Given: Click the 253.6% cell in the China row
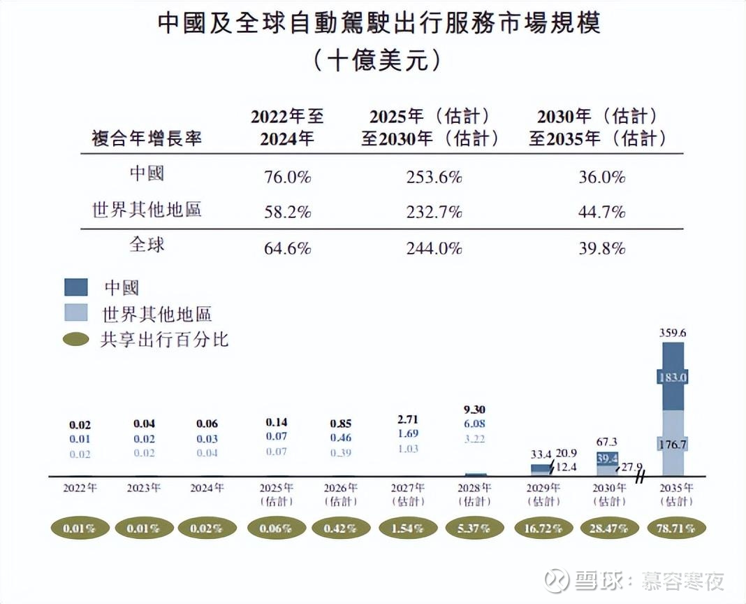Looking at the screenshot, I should click(434, 177).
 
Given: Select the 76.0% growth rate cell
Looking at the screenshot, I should click(287, 177).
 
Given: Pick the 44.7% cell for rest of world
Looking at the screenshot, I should click(601, 211).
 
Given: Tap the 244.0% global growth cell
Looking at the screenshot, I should click(434, 247).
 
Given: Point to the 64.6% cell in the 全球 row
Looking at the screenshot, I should click(287, 247).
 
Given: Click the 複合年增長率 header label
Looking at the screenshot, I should click(147, 138).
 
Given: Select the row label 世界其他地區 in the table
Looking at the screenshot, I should click(147, 210).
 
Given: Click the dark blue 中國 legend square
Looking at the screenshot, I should click(76, 287).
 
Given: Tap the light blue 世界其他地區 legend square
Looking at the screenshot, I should click(76, 312).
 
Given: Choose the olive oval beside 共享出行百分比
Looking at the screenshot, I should click(76, 340).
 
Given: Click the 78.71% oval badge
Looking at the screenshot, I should click(676, 528).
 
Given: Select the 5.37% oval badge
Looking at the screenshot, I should click(475, 528).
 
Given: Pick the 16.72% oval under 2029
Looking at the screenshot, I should click(542, 528).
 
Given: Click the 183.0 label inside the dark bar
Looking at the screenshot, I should click(673, 377).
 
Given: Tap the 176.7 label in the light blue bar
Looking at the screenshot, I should click(673, 443).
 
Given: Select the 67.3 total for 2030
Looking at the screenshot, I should click(607, 442).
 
